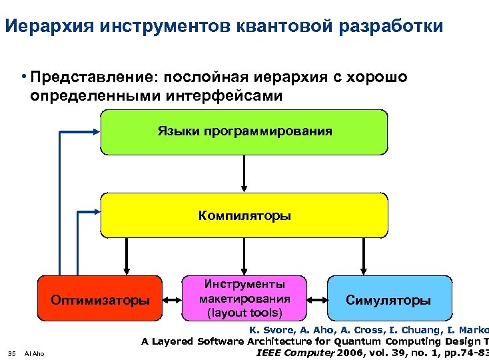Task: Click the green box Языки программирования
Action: [x=244, y=131]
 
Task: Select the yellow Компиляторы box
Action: [x=244, y=215]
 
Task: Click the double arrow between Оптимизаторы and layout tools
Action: [x=172, y=299]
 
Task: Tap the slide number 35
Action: [x=11, y=353]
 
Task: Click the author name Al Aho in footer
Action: [x=34, y=353]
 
